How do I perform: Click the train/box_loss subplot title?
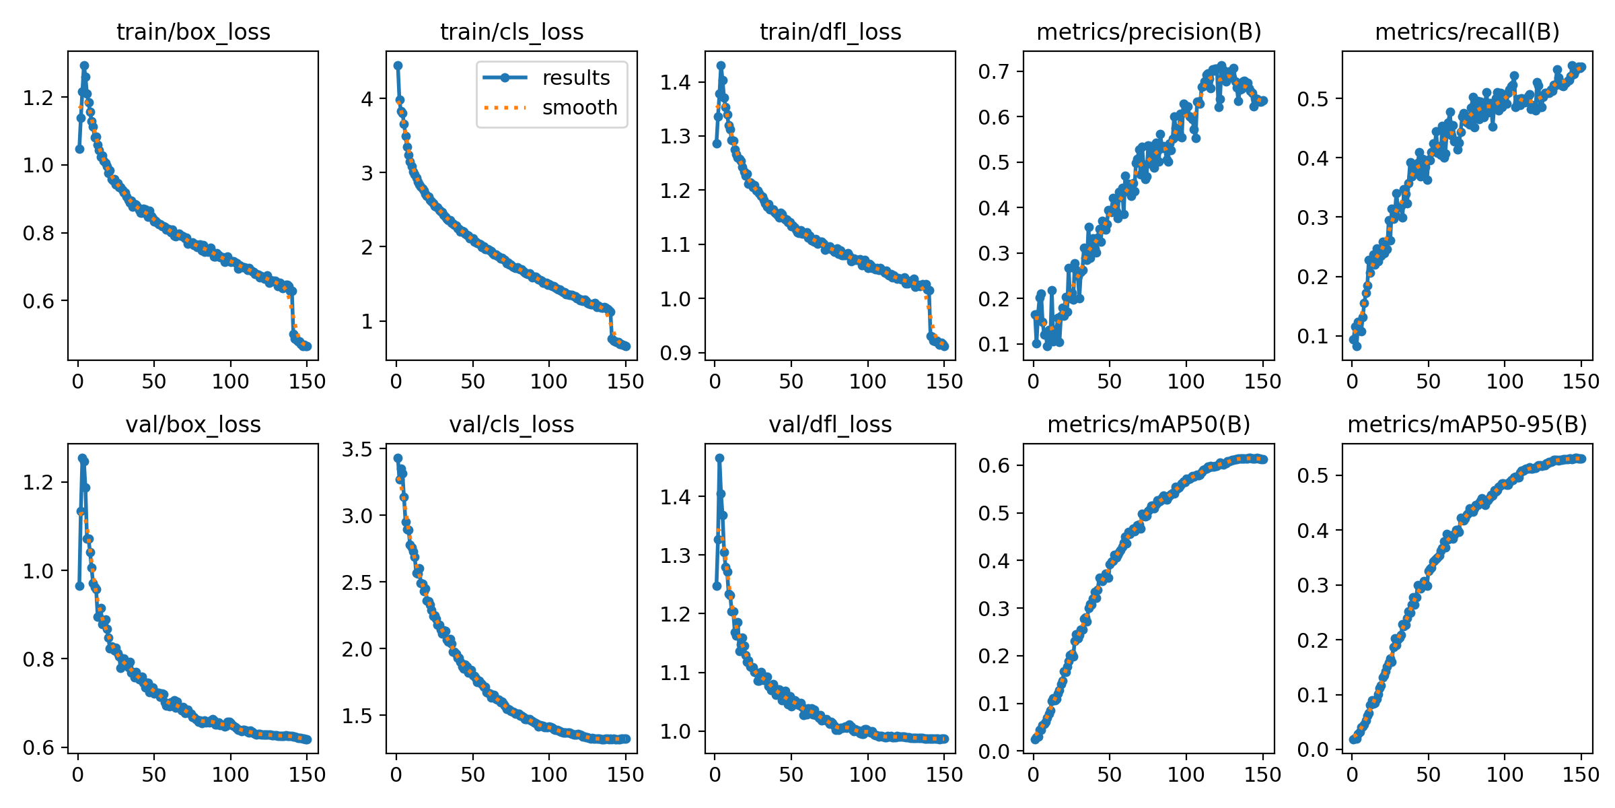tap(193, 32)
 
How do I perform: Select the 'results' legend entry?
tap(575, 78)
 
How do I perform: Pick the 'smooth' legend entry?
tap(579, 108)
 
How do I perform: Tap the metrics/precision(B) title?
tap(1149, 32)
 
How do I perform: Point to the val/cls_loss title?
tap(511, 424)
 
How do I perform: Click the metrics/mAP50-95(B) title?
tap(1467, 424)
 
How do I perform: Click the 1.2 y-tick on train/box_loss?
tap(38, 98)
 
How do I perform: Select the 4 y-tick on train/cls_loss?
tap(367, 99)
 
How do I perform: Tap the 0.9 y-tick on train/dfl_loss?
tap(675, 353)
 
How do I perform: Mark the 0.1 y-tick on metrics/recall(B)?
tap(1312, 336)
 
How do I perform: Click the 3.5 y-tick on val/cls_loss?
tap(357, 449)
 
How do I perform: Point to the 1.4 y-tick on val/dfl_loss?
tap(675, 497)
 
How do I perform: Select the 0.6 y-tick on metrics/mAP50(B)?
tap(993, 465)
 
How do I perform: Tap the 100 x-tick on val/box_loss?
tap(230, 774)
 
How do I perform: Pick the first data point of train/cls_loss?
tap(398, 65)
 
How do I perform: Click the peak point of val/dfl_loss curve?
tap(719, 458)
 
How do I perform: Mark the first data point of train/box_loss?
tap(79, 149)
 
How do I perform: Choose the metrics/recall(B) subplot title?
tap(1467, 32)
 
